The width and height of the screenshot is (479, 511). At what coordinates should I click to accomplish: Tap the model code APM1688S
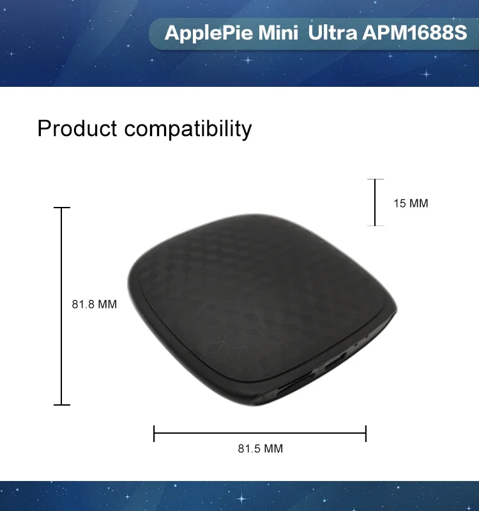click(414, 33)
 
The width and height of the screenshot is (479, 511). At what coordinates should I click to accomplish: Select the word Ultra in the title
click(332, 33)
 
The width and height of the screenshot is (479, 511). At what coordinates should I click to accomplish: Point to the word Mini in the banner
click(278, 33)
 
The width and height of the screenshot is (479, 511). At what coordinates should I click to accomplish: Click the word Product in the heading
click(77, 128)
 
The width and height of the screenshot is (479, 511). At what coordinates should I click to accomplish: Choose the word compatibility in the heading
click(188, 130)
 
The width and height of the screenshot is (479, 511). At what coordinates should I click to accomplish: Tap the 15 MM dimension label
click(411, 203)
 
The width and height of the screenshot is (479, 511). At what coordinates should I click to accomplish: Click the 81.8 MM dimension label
click(94, 305)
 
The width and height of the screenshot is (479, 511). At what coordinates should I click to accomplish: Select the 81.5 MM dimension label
click(261, 449)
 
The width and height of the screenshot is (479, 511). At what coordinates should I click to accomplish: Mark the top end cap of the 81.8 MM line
click(61, 207)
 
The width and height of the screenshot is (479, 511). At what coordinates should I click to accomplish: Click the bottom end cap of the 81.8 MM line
click(61, 405)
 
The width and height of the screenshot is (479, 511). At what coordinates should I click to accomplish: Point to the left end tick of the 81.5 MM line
click(154, 434)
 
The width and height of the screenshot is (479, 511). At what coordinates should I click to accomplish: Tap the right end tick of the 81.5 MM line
click(366, 434)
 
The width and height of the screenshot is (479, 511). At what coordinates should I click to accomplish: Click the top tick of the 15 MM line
click(375, 179)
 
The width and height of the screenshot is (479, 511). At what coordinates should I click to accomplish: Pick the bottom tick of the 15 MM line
click(375, 225)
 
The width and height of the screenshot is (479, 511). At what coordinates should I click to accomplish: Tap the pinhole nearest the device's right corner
click(367, 335)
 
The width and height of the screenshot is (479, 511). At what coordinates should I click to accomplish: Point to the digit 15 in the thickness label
click(400, 203)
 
